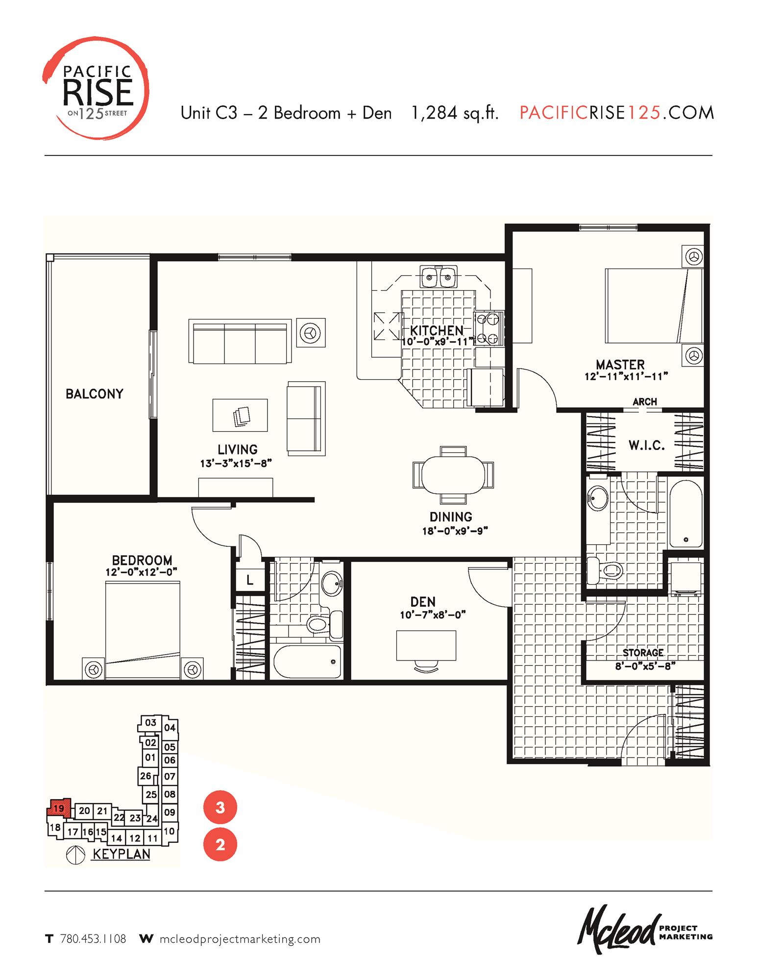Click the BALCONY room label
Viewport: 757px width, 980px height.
coord(94,394)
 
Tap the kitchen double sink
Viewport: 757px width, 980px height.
coord(439,277)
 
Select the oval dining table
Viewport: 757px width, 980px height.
coord(453,475)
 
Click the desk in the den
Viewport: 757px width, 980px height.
coord(426,645)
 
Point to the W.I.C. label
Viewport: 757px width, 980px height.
coord(646,445)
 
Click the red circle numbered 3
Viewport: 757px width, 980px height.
coord(220,807)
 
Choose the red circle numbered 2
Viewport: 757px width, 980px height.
coord(220,844)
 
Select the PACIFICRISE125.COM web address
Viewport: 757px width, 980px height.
coord(616,113)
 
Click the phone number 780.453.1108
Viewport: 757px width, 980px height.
coord(93,939)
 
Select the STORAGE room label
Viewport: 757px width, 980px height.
coord(643,653)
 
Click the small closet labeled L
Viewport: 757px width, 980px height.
coord(249,581)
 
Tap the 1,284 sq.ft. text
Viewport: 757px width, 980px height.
coord(455,113)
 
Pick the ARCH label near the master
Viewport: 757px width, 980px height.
coord(644,402)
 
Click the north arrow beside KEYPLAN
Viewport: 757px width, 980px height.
coord(75,855)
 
